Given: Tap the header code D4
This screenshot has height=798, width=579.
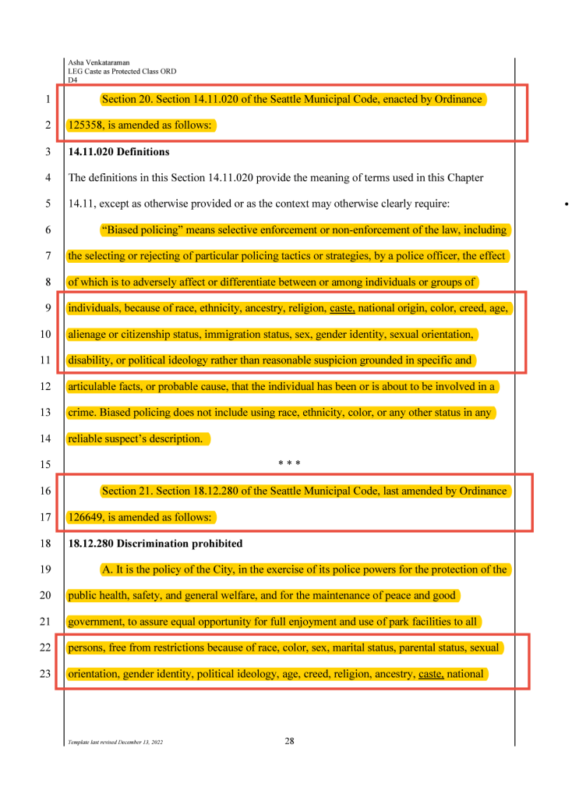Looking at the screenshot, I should coord(72,80).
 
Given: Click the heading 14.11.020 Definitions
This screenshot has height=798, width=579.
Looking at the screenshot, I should coord(118,151).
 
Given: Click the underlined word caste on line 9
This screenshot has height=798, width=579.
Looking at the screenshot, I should coord(342,308).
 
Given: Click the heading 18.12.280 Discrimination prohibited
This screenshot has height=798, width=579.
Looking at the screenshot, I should coord(155,543).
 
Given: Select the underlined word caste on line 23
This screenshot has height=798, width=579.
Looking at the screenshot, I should coord(431,673).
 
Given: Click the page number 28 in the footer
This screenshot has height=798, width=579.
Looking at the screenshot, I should coord(289,741).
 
